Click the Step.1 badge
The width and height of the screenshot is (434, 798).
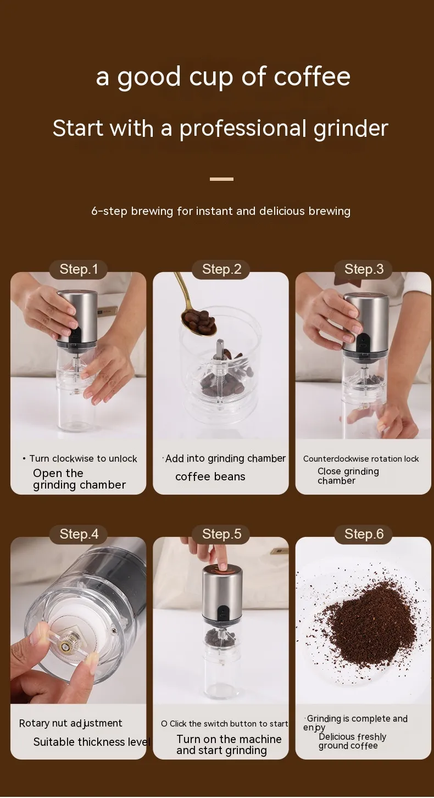(x=79, y=269)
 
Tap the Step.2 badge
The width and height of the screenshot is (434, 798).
(x=221, y=269)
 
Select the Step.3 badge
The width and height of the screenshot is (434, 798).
(x=364, y=269)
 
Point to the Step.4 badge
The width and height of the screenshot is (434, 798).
(x=79, y=534)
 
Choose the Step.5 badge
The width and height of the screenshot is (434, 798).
(x=221, y=534)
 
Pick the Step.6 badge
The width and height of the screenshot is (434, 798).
(x=364, y=534)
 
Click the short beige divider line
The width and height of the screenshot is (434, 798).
(x=221, y=179)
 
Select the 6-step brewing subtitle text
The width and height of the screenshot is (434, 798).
(x=221, y=211)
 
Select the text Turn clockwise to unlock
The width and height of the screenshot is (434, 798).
(x=83, y=458)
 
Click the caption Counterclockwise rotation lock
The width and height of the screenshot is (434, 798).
(x=360, y=459)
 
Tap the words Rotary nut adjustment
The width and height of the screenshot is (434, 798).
(x=70, y=723)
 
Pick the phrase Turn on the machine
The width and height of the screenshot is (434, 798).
(x=229, y=739)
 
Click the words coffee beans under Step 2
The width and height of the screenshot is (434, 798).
(x=210, y=476)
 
